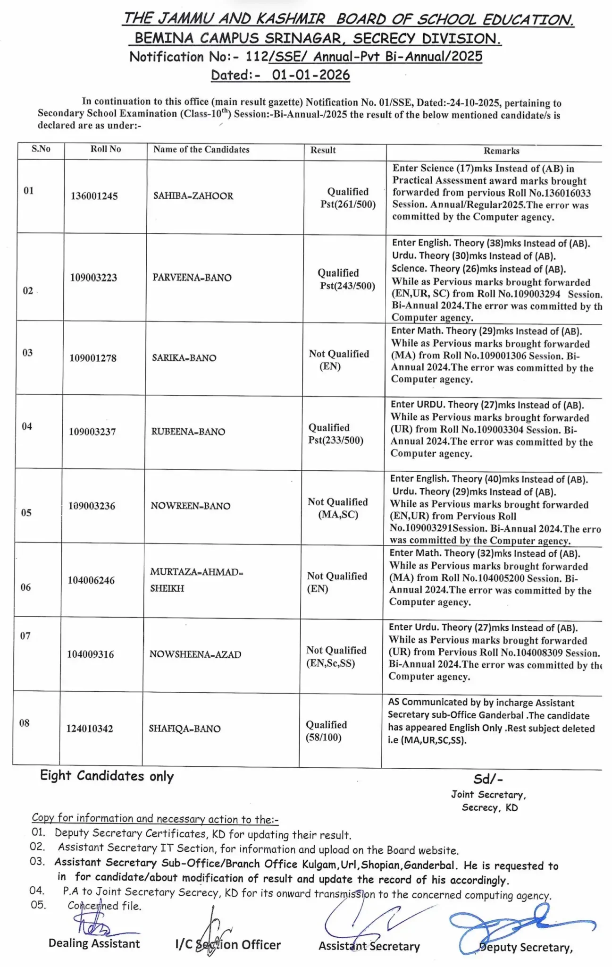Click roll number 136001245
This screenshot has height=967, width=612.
point(94,196)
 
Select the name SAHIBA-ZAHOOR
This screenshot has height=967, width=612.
point(193,196)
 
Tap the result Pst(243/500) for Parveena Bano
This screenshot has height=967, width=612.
point(347,286)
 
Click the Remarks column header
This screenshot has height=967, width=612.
point(501,151)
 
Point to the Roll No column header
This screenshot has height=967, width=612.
point(106,149)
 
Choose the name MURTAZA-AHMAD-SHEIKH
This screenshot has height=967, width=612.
point(196,580)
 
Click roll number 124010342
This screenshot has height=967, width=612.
point(90,729)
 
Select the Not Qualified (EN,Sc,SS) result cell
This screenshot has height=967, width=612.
point(336,657)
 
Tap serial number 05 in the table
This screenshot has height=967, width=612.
point(26,513)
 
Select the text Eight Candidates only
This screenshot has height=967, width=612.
point(107,776)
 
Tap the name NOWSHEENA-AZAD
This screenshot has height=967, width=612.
point(195,654)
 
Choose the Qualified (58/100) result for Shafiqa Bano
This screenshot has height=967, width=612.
point(326,731)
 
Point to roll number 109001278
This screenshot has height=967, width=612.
point(93,358)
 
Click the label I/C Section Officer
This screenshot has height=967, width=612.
point(228,945)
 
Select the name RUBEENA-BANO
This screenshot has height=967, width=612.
point(188,432)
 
